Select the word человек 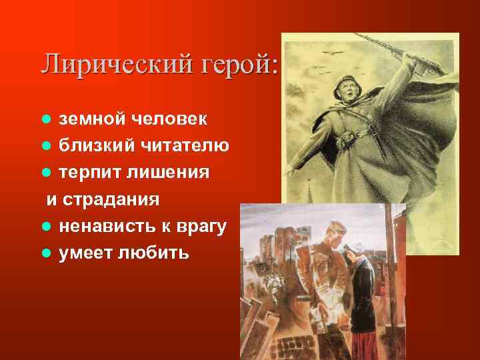[x=169, y=119]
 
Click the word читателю [x=182, y=146]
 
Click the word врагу [x=203, y=227]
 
